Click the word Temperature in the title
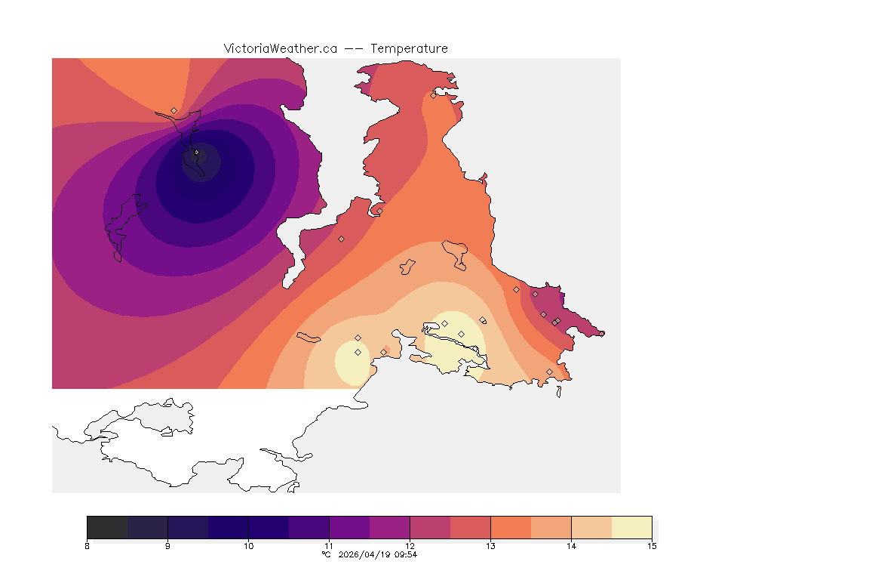tap(409, 48)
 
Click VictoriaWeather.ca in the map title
tap(280, 48)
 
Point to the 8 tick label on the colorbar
tap(88, 546)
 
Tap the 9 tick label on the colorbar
tap(167, 546)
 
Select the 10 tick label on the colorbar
tap(248, 546)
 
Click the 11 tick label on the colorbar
tap(329, 546)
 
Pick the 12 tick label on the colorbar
tap(410, 546)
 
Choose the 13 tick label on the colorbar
tap(490, 546)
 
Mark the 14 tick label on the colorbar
tap(571, 546)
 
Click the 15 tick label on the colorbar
tap(651, 546)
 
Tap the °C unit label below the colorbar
tap(326, 554)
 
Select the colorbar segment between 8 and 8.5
tap(107, 527)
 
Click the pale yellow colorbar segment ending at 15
tap(631, 527)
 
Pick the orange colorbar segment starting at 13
tap(511, 527)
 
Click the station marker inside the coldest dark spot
tap(197, 153)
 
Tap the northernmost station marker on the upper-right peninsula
tap(433, 95)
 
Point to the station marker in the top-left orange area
tap(173, 110)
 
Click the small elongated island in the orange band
tap(309, 337)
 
